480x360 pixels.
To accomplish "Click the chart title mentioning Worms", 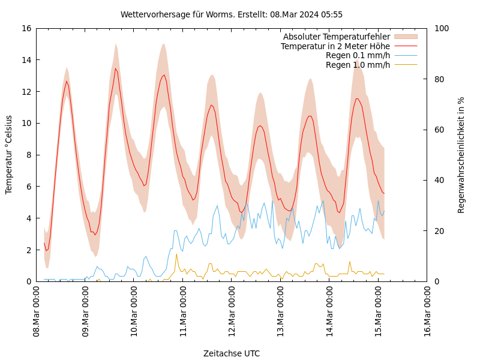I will coord(232,14).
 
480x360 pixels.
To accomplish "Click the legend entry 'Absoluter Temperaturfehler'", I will coord(336,37).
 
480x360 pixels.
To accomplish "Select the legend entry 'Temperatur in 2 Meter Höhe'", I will coord(335,46).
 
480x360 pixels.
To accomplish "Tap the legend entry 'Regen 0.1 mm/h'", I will coord(358,55).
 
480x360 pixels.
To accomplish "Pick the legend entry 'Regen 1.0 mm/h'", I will coord(358,65).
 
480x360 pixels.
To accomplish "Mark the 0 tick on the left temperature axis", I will coord(28,281).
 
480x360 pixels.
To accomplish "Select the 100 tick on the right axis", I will coord(440,28).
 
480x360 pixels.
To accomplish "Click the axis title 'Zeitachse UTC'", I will coord(232,353).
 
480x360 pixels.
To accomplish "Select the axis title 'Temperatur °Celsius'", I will coord(9,155).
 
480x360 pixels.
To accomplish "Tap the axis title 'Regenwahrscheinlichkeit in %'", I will coord(461,155).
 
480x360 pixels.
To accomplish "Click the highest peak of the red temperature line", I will coord(116,68).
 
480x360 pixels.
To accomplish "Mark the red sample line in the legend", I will coord(406,46).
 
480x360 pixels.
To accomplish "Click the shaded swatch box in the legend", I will coord(406,37).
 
